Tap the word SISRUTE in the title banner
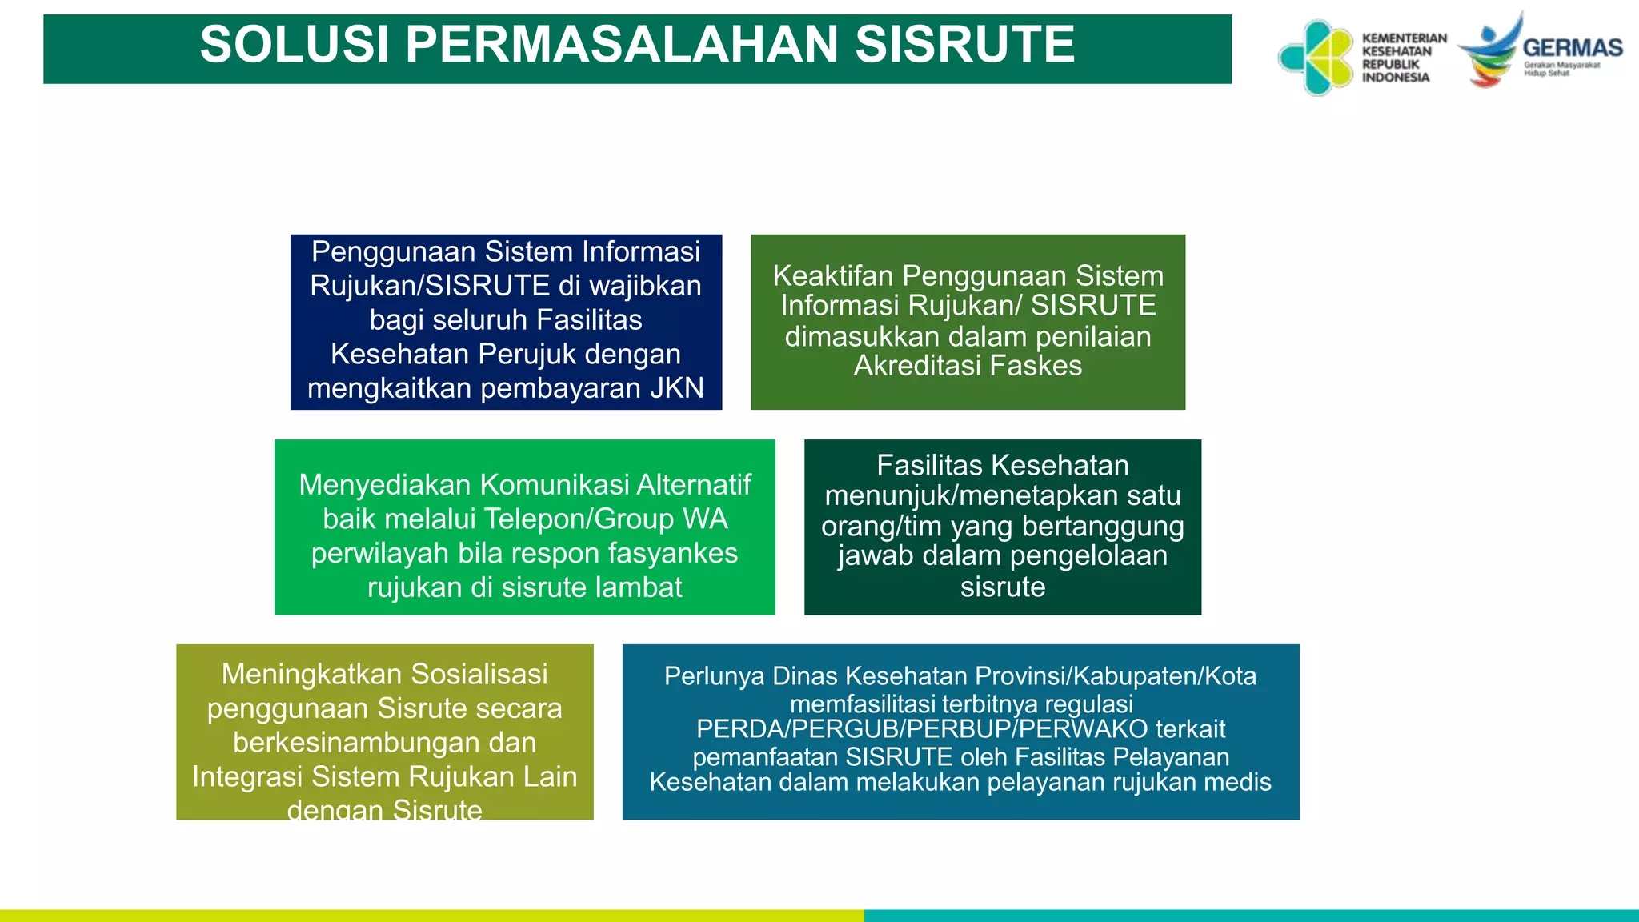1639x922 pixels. point(964,45)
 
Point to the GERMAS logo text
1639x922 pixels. point(1572,48)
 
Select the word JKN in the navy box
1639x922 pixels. point(676,388)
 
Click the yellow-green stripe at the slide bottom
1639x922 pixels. point(432,916)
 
